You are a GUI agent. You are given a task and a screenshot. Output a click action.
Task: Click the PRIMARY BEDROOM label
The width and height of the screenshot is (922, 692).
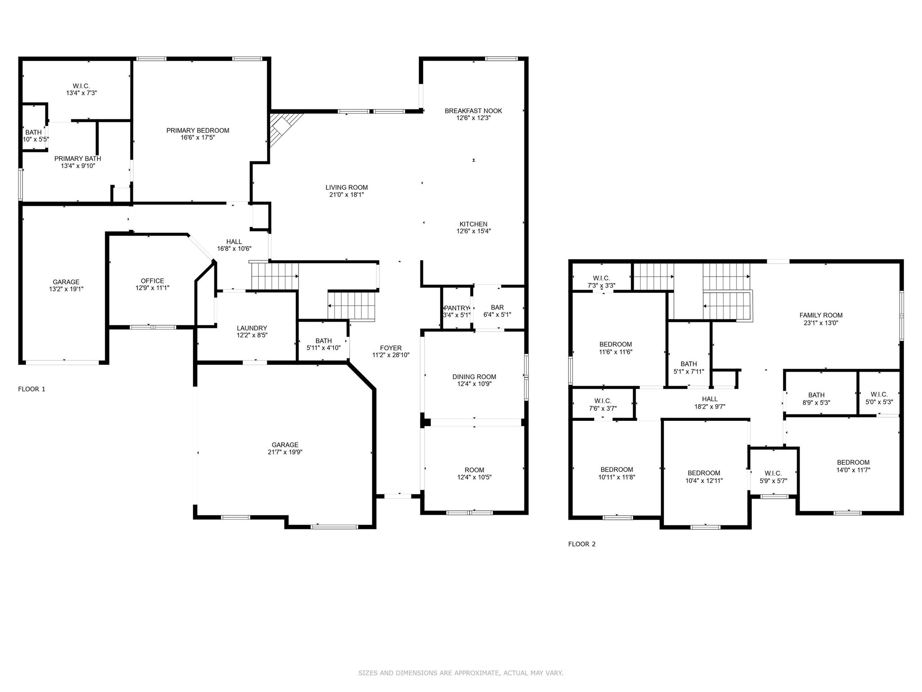(198, 131)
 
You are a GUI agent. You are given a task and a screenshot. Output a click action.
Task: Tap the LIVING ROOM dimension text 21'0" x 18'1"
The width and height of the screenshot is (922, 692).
(346, 195)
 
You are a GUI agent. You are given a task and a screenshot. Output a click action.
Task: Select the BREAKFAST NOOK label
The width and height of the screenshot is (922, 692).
(473, 111)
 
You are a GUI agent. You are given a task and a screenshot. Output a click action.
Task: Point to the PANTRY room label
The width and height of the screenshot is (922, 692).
(456, 308)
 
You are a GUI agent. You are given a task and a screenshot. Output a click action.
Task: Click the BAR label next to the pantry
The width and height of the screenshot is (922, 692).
(497, 308)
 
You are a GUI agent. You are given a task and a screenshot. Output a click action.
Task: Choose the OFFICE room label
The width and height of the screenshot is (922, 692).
(152, 281)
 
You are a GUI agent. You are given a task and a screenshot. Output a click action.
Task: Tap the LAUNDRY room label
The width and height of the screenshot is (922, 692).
(252, 328)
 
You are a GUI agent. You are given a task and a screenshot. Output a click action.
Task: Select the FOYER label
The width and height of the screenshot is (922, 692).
(390, 348)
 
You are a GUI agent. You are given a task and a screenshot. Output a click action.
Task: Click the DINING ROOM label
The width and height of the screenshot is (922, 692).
(474, 377)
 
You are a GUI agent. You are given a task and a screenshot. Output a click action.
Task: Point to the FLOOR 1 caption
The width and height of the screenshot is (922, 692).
(32, 389)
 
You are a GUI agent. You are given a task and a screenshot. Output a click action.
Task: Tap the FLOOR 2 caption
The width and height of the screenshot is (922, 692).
(582, 544)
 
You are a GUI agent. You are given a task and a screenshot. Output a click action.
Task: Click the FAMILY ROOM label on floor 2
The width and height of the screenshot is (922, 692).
(821, 315)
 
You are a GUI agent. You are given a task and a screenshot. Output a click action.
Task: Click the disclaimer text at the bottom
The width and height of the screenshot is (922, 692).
(461, 673)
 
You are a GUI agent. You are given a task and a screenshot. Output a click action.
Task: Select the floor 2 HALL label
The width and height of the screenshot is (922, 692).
(710, 399)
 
